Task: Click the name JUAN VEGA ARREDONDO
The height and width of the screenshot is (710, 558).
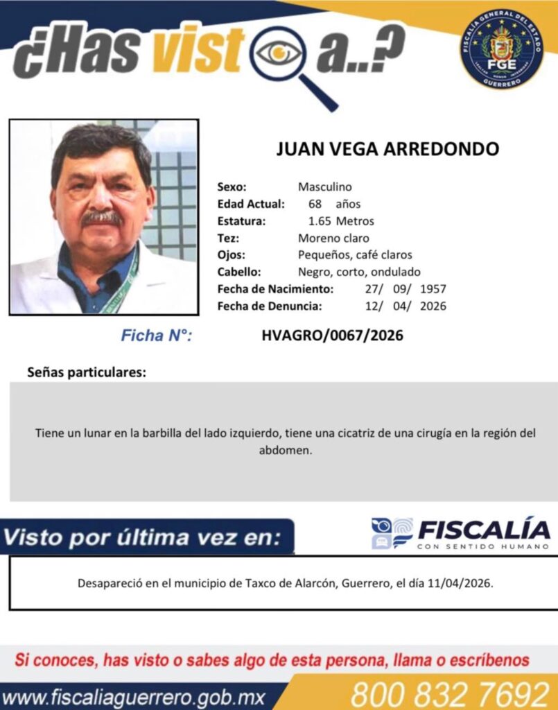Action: (387, 149)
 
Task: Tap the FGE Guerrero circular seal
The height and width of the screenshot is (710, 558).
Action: (501, 49)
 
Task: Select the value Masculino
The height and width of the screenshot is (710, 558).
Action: (324, 187)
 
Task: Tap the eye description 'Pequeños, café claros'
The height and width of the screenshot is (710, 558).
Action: (355, 254)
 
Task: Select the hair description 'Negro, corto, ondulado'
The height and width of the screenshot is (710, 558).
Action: (359, 272)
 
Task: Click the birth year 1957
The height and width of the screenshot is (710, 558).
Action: (433, 288)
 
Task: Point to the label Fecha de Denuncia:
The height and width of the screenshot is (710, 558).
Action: (269, 306)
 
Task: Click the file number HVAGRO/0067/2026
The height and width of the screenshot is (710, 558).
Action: (332, 336)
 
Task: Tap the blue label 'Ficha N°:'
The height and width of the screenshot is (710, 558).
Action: (156, 336)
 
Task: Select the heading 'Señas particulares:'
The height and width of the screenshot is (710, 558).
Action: (87, 372)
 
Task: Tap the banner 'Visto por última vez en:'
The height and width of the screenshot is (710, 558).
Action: (143, 537)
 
